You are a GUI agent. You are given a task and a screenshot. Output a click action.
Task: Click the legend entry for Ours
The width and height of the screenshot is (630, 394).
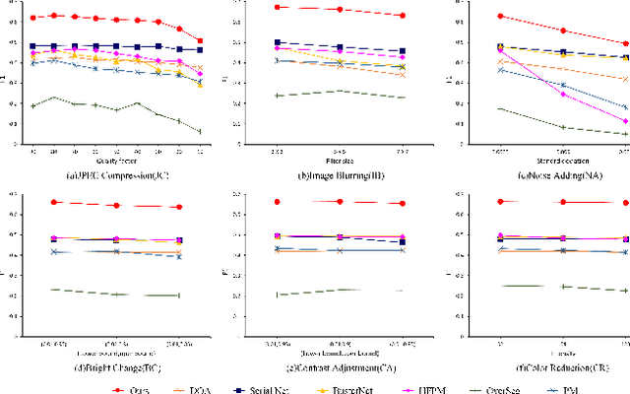139,362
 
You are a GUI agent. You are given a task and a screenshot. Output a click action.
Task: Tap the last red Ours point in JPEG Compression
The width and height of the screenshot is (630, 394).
201,40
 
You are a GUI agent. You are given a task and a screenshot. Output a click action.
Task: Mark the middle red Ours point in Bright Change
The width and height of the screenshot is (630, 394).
116,205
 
